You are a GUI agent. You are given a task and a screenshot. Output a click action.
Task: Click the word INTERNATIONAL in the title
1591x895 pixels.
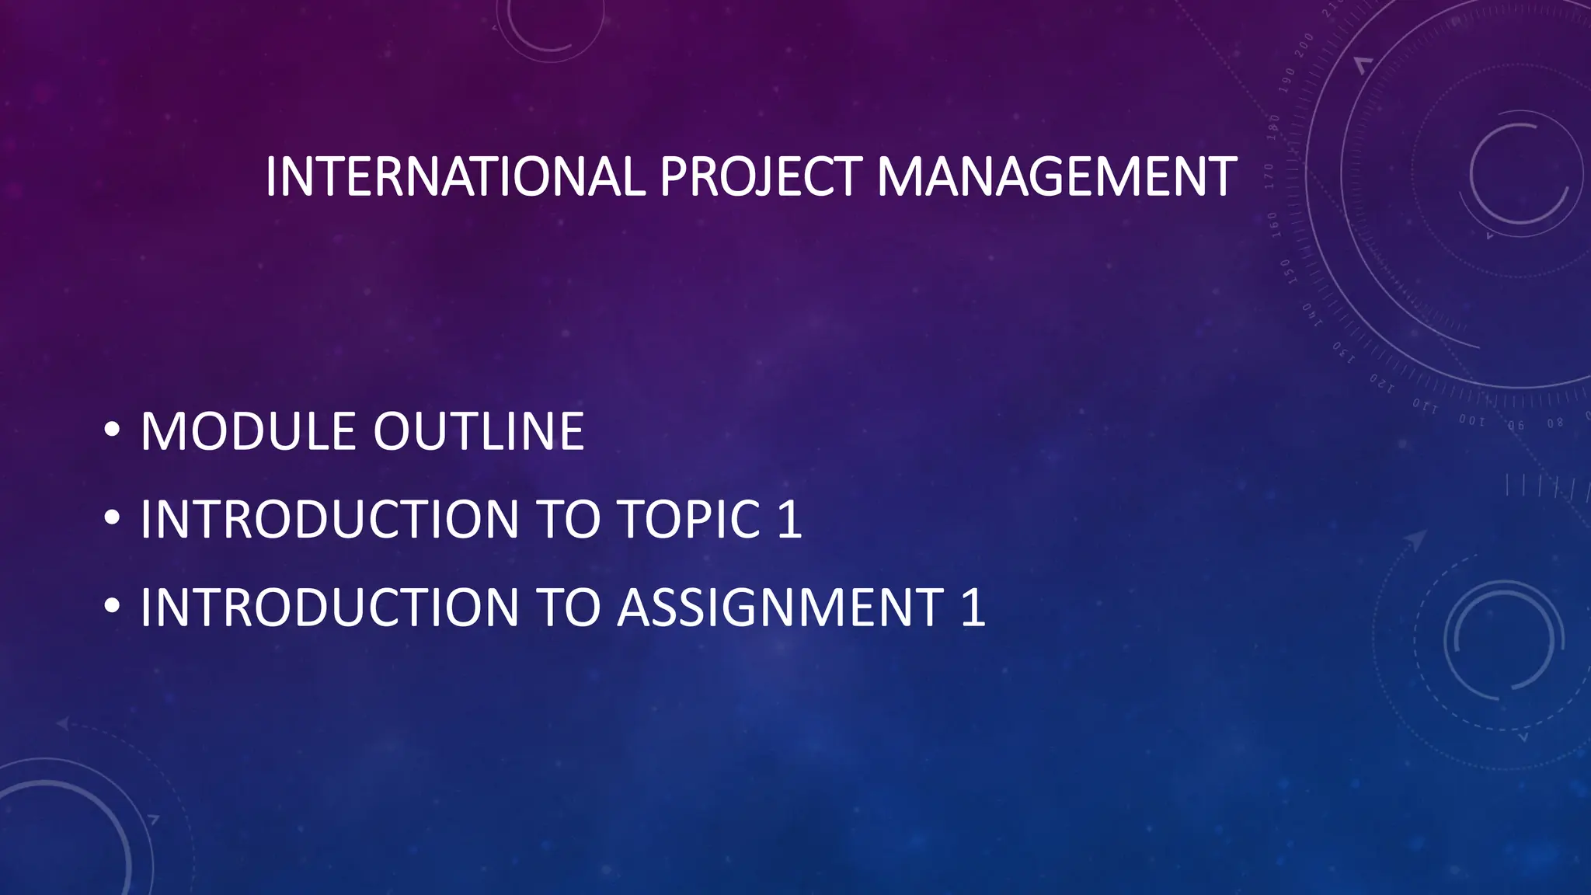tap(454, 177)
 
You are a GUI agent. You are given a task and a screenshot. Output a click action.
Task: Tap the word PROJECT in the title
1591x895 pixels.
tap(760, 177)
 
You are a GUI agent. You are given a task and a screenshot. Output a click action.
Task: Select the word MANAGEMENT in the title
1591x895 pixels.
tap(1056, 177)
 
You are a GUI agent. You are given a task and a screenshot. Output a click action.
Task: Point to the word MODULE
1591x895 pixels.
tap(249, 432)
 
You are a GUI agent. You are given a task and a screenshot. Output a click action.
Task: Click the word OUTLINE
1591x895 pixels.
tap(479, 432)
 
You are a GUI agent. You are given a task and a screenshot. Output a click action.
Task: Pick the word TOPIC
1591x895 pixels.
tap(688, 519)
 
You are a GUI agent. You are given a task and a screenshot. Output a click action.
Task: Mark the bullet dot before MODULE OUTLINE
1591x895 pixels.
tap(112, 430)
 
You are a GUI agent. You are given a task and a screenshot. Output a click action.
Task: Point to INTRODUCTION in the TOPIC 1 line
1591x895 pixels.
tap(329, 519)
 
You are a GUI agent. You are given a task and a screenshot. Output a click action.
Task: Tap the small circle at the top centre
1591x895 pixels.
tap(550, 23)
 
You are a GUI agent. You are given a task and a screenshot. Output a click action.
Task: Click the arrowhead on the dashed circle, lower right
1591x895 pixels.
tap(1415, 539)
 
